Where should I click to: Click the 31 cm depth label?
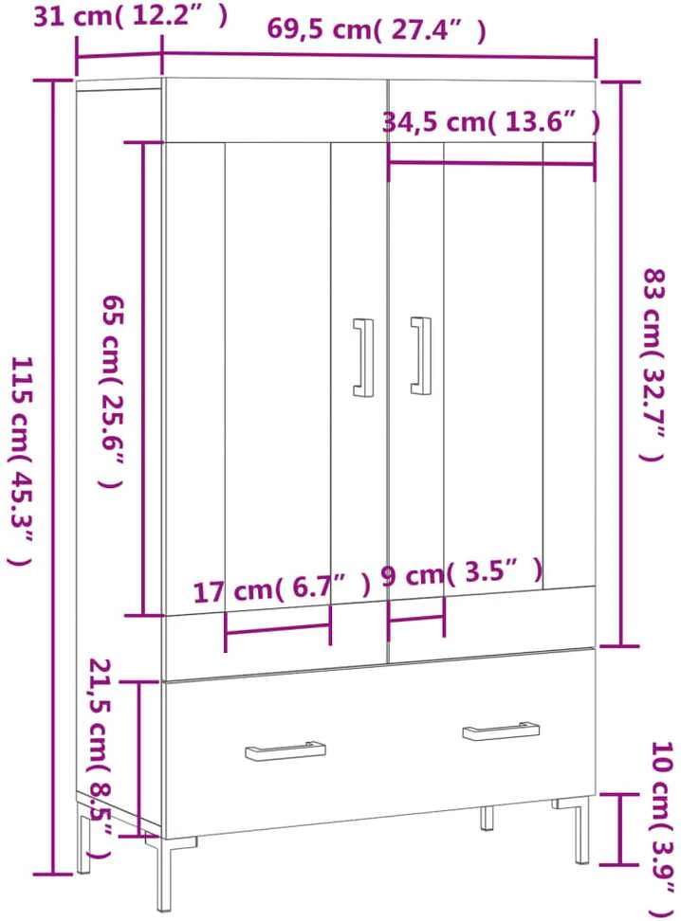[130, 16]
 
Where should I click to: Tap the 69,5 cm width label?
[377, 28]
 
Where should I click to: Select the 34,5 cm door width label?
[491, 122]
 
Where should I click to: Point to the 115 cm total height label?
[21, 461]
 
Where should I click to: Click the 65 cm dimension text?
[112, 391]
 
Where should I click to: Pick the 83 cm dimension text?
[653, 365]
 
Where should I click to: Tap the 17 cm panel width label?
[283, 588]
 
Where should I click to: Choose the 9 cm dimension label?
[462, 572]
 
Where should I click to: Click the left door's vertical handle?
[363, 357]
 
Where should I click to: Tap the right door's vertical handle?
[420, 356]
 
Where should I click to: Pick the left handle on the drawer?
[285, 750]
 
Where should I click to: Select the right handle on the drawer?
[501, 731]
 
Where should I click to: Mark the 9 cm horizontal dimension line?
[416, 618]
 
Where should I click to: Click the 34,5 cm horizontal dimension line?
[491, 163]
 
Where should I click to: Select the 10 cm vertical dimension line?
[619, 829]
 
